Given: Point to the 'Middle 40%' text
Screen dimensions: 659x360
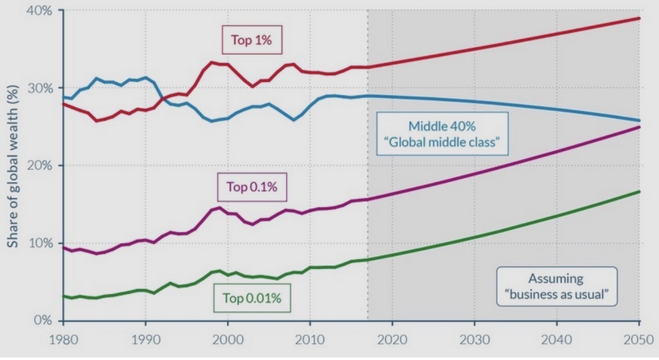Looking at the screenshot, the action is pyautogui.click(x=442, y=126).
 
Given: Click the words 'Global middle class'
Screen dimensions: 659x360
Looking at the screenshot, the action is pyautogui.click(x=442, y=142).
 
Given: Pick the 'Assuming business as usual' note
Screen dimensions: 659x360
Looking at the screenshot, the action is pyautogui.click(x=557, y=287).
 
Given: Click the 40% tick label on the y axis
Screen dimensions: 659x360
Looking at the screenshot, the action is pyautogui.click(x=39, y=11).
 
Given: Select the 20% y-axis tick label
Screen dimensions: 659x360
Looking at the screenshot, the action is pyautogui.click(x=40, y=165).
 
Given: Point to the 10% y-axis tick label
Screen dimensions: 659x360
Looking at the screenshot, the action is pyautogui.click(x=41, y=243).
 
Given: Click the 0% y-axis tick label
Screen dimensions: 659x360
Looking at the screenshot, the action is pyautogui.click(x=43, y=320).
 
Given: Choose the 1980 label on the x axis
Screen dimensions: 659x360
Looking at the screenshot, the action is pyautogui.click(x=63, y=340).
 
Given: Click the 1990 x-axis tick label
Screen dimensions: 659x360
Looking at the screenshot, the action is pyautogui.click(x=146, y=340).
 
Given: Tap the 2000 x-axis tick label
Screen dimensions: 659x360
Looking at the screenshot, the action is pyautogui.click(x=228, y=340).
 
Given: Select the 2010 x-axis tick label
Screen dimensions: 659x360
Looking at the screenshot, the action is pyautogui.click(x=310, y=340).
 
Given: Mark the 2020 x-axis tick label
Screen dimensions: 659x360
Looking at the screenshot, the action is pyautogui.click(x=392, y=340).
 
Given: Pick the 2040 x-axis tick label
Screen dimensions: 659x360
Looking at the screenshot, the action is pyautogui.click(x=557, y=340).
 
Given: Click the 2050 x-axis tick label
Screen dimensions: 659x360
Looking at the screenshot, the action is pyautogui.click(x=638, y=340).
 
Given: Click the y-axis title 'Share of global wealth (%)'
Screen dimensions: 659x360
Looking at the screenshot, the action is pyautogui.click(x=13, y=166).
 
